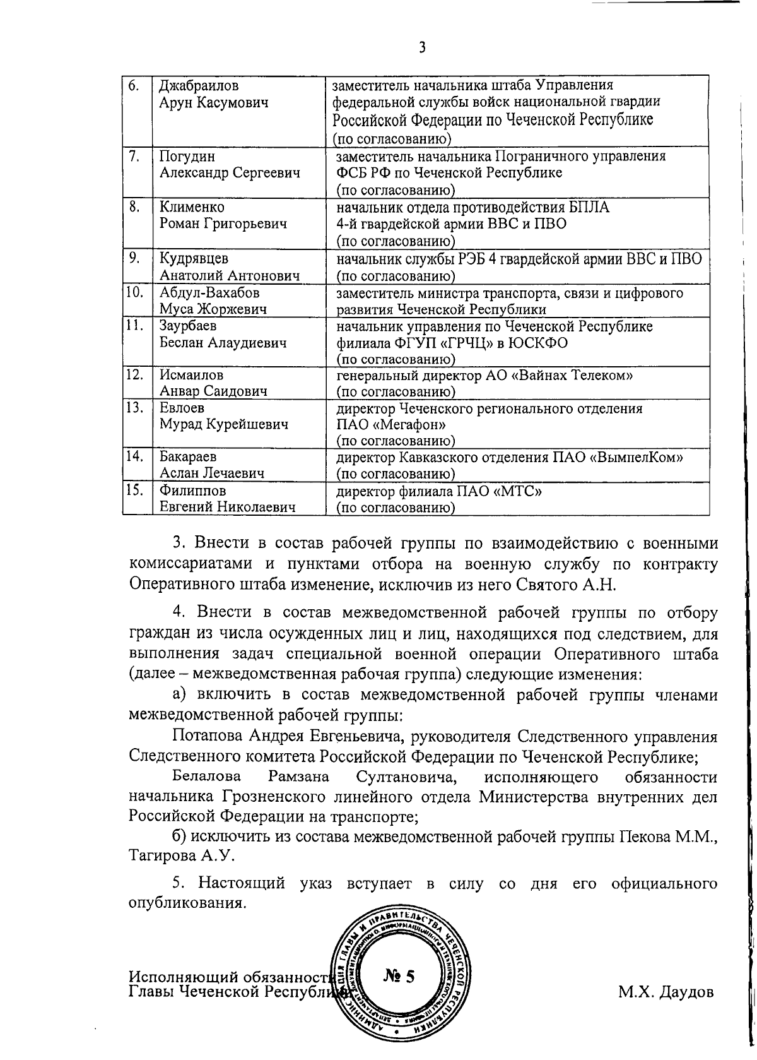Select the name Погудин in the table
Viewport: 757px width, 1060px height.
point(184,156)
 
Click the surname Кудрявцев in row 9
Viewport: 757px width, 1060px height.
point(194,259)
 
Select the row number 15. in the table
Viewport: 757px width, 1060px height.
point(134,490)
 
